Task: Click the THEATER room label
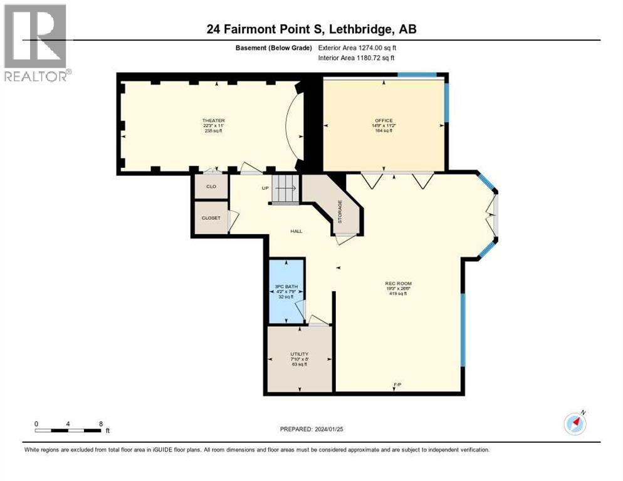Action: (213, 120)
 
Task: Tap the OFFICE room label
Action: (384, 120)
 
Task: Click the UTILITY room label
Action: (299, 354)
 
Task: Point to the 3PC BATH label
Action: (285, 286)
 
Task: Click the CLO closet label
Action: (210, 186)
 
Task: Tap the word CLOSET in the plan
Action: (211, 218)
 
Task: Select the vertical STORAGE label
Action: (340, 212)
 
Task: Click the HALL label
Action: (296, 231)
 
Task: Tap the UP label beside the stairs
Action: (265, 187)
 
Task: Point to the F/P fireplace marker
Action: (397, 383)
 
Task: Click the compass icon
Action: (575, 424)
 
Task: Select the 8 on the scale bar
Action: (101, 423)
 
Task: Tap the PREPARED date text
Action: (311, 429)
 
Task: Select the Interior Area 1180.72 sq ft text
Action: (357, 58)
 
